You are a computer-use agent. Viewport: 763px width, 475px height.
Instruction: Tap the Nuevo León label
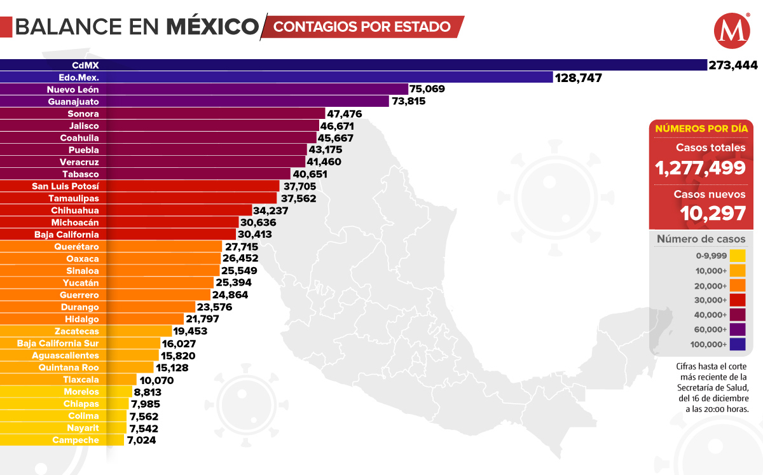click(73, 89)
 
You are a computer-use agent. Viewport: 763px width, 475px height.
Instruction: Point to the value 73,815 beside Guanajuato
click(408, 101)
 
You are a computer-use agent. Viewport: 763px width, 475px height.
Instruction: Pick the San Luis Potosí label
click(65, 186)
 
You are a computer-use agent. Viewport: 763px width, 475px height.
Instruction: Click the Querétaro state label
click(76, 246)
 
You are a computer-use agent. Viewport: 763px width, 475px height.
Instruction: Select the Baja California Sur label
click(58, 343)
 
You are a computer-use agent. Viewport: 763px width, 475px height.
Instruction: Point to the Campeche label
click(76, 440)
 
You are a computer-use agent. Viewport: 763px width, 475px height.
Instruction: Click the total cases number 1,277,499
click(701, 168)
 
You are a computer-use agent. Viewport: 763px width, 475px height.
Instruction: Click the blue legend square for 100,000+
click(738, 345)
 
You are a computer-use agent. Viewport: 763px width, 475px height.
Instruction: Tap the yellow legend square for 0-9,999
click(738, 256)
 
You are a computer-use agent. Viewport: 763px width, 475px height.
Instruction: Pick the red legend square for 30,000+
click(738, 300)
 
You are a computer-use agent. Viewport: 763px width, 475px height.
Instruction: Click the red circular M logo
click(731, 31)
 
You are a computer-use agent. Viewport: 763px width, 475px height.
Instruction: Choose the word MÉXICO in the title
click(212, 27)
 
